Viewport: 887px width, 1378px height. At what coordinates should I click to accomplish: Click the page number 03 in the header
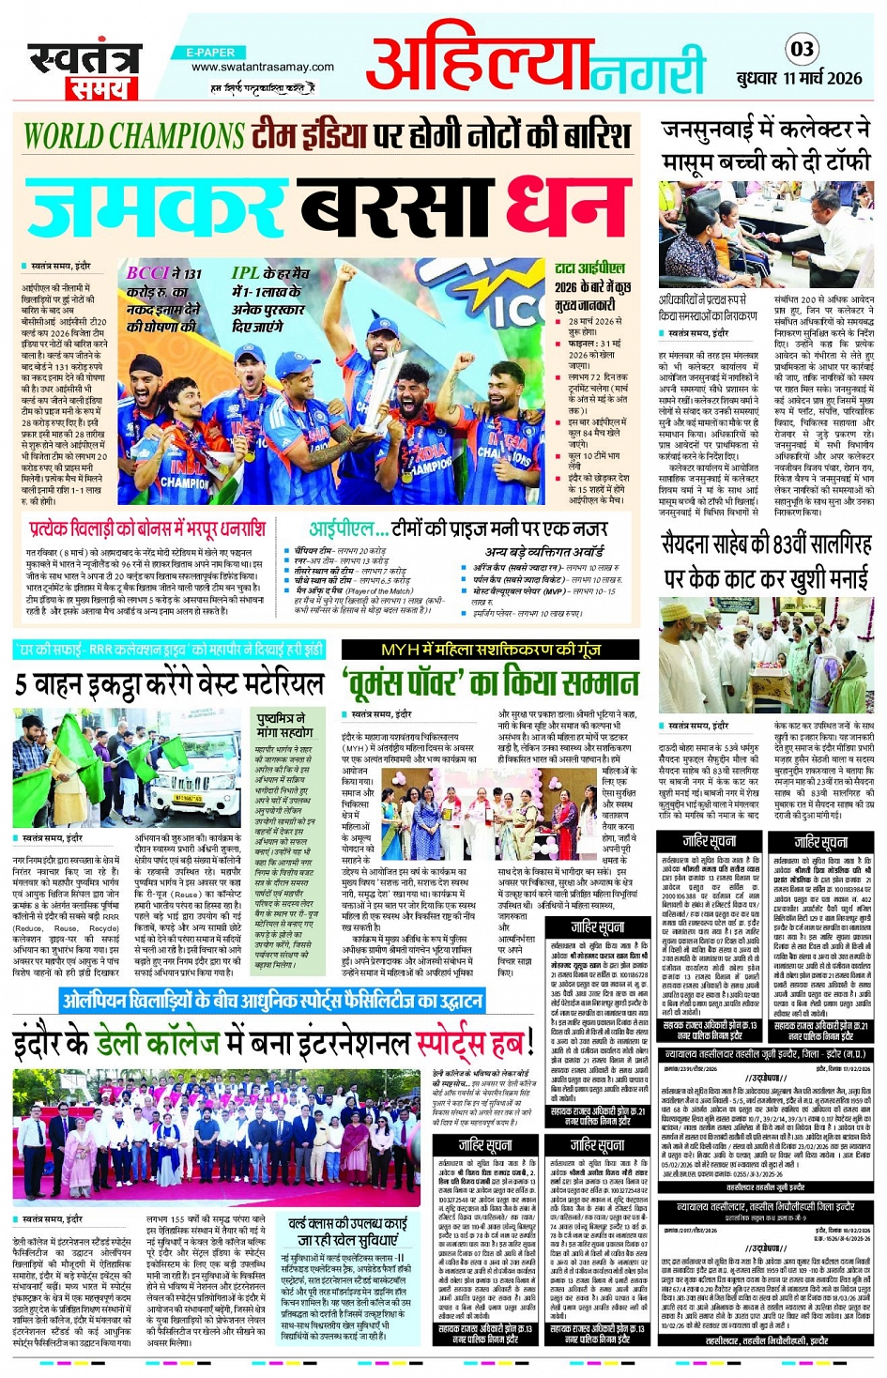point(802,49)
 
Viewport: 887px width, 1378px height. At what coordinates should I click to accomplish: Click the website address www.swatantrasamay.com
point(262,68)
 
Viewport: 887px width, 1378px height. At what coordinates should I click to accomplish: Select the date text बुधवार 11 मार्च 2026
point(799,78)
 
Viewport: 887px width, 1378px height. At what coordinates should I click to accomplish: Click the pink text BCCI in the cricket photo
point(147,273)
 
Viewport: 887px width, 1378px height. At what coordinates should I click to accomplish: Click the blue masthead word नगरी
point(649,71)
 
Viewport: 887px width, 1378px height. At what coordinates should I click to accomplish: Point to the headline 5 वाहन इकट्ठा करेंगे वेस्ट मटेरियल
point(169,683)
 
